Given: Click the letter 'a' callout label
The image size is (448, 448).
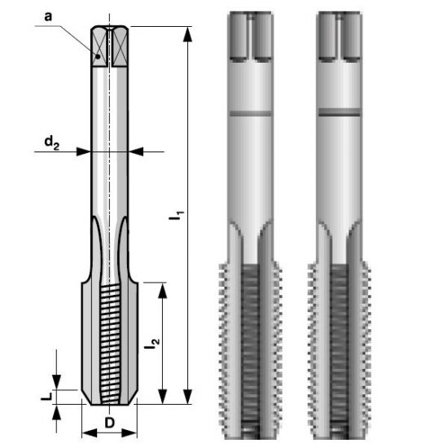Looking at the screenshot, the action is [x=48, y=16].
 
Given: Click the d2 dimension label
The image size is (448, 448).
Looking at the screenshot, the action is [x=51, y=143].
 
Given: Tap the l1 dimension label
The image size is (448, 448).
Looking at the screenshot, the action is [x=177, y=216].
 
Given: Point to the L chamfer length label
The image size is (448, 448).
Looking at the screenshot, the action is [x=46, y=396].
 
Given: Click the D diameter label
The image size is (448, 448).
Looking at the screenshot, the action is [x=109, y=423].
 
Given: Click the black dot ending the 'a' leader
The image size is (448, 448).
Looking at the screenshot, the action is [x=98, y=56].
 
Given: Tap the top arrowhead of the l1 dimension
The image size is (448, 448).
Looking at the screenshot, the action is [x=187, y=34].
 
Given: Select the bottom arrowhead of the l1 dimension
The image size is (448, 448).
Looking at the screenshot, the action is [x=187, y=397].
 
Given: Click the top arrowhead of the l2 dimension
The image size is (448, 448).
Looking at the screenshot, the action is [x=163, y=291].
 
